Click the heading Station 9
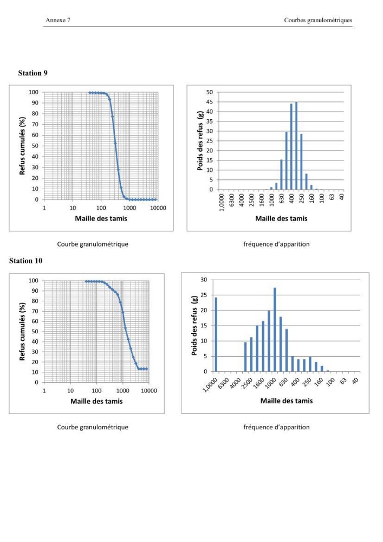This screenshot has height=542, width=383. click(x=33, y=73)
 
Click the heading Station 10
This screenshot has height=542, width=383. click(x=25, y=261)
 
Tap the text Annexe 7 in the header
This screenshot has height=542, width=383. click(x=58, y=20)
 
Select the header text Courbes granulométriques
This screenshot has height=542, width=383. click(x=318, y=20)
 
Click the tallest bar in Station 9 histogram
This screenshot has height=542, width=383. click(x=296, y=145)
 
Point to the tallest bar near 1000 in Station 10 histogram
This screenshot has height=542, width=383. click(x=275, y=330)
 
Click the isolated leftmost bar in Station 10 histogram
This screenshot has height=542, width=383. click(x=216, y=334)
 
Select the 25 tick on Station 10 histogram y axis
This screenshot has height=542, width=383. click(x=204, y=295)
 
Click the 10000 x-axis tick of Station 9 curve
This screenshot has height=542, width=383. click(x=158, y=208)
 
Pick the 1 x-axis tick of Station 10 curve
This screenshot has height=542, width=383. click(x=44, y=391)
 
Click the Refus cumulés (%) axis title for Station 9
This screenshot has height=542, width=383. click(x=22, y=145)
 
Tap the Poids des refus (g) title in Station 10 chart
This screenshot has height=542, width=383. click(x=194, y=325)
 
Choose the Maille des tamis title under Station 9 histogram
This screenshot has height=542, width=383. click(x=281, y=218)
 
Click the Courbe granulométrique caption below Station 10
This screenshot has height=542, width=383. click(x=93, y=427)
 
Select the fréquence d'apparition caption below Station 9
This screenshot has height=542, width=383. click(x=276, y=244)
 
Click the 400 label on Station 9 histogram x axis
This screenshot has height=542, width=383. click(x=291, y=198)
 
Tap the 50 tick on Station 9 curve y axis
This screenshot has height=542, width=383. click(x=35, y=145)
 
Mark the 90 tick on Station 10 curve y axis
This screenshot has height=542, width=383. click(x=35, y=291)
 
